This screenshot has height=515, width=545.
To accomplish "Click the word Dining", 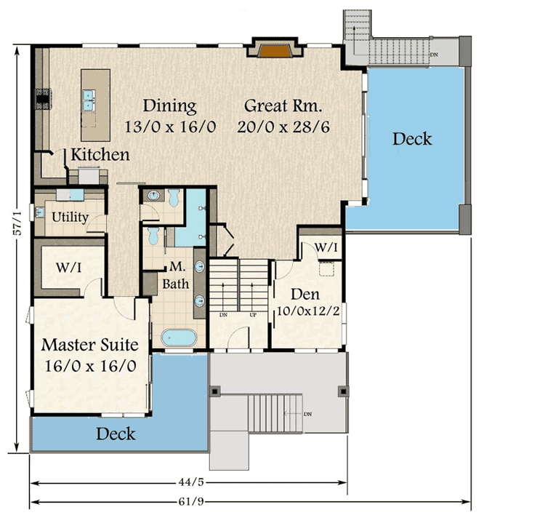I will point(169,105).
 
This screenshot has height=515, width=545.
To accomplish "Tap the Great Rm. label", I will point(279,105).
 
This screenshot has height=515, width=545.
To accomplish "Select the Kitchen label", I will point(100,155).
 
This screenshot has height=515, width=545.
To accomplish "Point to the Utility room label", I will point(70,217).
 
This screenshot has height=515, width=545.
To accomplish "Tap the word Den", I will point(305,295).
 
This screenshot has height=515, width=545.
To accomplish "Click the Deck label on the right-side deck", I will point(412,138).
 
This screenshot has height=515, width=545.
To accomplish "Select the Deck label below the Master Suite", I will point(116,434).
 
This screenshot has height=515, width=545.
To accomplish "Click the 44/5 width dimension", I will point(187,481).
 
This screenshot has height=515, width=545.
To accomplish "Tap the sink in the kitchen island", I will point(92,100).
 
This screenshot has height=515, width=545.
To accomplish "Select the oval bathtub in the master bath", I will point(178,338).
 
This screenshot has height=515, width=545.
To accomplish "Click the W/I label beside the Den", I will point(326,248).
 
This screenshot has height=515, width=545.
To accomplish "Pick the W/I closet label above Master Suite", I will point(68,268).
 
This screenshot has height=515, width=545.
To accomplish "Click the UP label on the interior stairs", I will point(254,315).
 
